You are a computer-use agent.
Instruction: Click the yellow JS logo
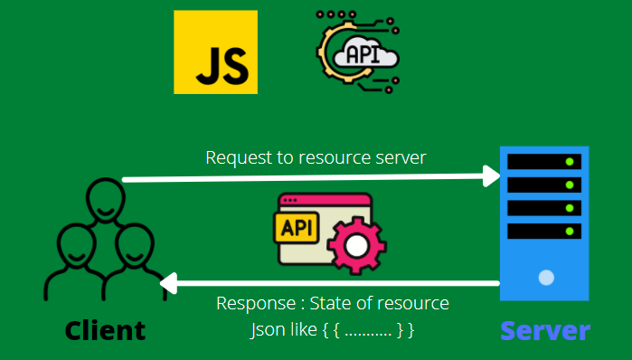215,52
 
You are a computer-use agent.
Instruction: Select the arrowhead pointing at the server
492,175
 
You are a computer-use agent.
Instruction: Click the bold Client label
105,330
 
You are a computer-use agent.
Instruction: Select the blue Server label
545,331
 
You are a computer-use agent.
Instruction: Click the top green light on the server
569,163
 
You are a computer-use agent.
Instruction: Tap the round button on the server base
545,277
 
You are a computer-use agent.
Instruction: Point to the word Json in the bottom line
266,329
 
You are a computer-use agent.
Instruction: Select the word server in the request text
401,157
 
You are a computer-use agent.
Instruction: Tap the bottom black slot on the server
544,231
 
